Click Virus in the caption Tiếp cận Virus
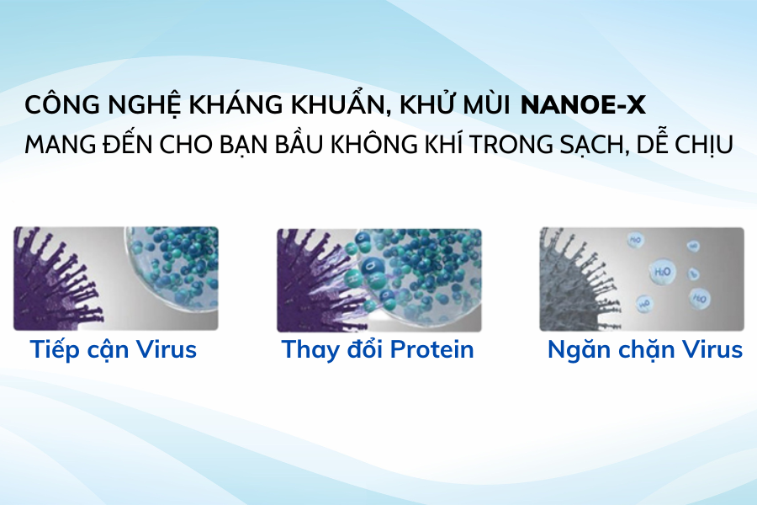coord(165,349)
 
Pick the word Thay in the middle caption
coord(306,349)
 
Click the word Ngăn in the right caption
coord(576,349)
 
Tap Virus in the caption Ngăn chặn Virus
coord(712,349)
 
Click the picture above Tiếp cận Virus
coord(115,279)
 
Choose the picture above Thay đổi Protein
coord(378,279)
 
